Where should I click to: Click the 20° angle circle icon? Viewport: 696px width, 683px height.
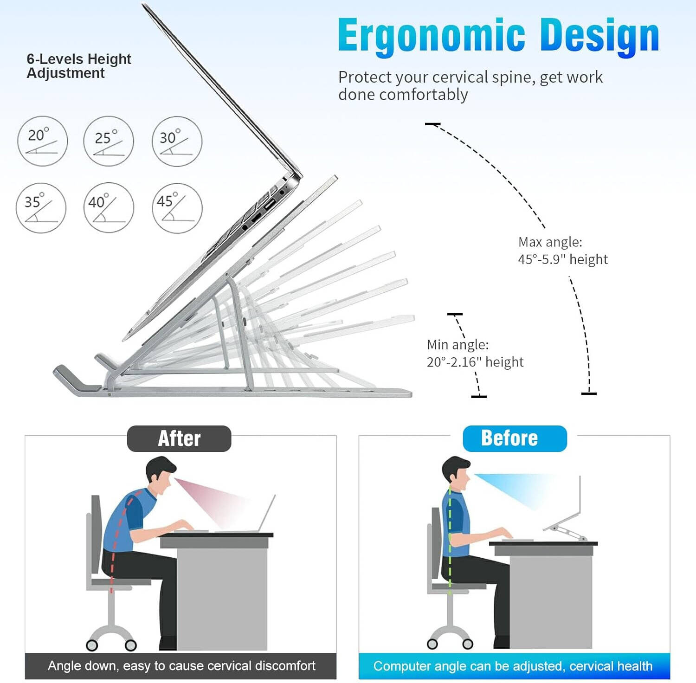pos(42,141)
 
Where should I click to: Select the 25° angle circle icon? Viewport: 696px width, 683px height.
pos(109,141)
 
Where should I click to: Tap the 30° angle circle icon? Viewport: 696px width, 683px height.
pos(177,141)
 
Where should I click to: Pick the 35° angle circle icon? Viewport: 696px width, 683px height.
pos(41,208)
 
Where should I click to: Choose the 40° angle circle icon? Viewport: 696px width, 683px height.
pos(109,208)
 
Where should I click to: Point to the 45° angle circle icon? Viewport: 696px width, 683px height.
pos(177,208)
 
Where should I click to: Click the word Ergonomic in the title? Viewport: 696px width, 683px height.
pos(432,36)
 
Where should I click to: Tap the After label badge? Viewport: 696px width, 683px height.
pos(179,438)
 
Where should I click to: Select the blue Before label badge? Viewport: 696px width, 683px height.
pos(515,438)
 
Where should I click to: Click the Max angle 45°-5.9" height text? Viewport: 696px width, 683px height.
pos(563,251)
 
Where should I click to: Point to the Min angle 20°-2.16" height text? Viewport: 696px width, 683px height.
pos(475,353)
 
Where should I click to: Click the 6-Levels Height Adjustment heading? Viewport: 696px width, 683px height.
pos(79,66)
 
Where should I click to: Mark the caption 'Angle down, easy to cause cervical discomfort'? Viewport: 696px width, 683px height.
pos(181,666)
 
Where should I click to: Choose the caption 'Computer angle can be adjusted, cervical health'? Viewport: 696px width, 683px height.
pos(513,666)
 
